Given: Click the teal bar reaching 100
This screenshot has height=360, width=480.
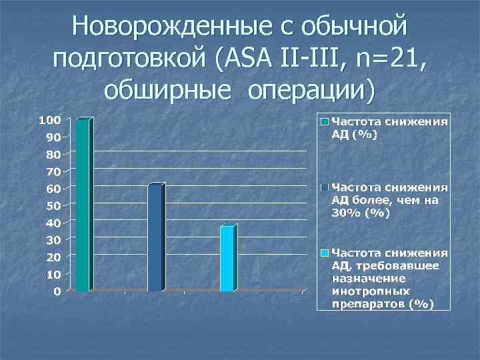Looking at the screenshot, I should click(x=82, y=205).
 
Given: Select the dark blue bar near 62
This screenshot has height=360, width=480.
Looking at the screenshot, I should click(x=155, y=237).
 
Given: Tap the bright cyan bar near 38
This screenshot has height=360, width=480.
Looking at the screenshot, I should click(x=227, y=259).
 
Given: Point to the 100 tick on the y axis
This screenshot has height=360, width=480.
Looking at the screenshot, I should click(x=50, y=120).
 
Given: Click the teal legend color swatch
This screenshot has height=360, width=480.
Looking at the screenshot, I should click(x=325, y=123).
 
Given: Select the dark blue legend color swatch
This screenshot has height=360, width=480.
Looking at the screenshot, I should click(x=325, y=187).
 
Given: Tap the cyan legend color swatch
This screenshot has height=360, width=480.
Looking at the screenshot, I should click(x=325, y=253).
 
